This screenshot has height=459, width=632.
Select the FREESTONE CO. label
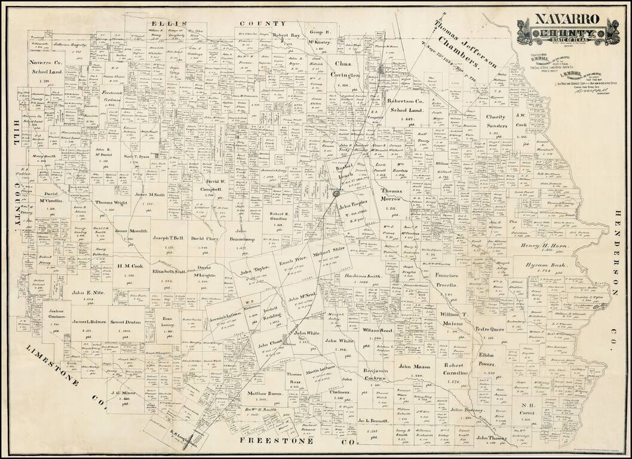pyautogui.click(x=297, y=441)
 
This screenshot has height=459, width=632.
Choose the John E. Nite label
pyautogui.click(x=88, y=293)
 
